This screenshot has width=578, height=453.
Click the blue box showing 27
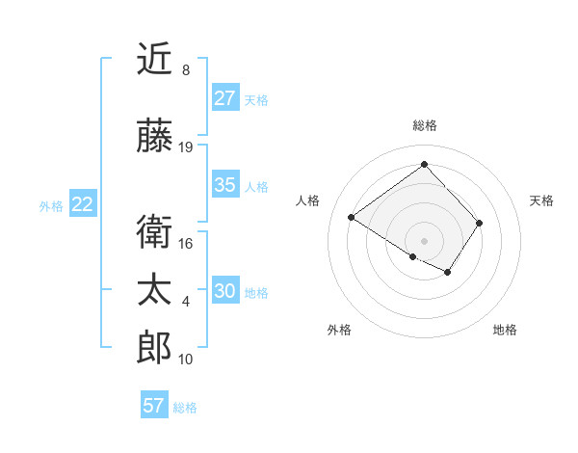click(225, 98)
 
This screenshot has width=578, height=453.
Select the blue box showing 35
click(225, 185)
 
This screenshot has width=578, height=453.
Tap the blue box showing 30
click(225, 291)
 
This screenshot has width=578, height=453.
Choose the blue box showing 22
click(83, 204)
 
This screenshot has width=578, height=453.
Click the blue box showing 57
click(154, 406)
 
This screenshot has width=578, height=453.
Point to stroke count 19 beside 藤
click(186, 147)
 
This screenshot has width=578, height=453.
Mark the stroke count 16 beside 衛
click(186, 244)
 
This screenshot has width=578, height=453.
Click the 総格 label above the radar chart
click(424, 125)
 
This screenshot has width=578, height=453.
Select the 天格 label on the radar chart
click(542, 200)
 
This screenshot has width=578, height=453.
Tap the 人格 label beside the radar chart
click(307, 200)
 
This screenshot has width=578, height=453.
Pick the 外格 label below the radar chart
click(339, 330)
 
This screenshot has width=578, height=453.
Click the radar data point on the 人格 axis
click(352, 218)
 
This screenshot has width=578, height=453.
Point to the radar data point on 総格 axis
click(424, 164)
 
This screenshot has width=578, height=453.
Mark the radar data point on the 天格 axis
click(479, 223)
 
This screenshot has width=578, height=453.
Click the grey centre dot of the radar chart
click(424, 240)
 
